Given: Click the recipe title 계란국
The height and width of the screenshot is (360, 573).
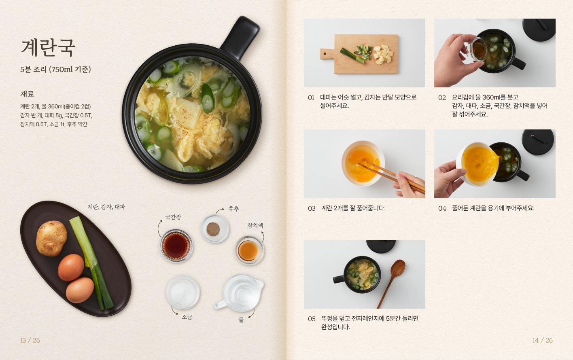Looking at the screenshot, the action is click(x=48, y=48).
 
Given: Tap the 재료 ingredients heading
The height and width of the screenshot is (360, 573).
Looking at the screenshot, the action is click(x=27, y=94).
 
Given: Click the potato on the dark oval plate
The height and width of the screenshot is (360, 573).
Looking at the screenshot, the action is click(x=51, y=238).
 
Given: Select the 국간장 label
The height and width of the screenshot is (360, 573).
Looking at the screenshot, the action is click(x=173, y=217).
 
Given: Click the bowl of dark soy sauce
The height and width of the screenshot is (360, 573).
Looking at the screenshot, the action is click(x=176, y=246).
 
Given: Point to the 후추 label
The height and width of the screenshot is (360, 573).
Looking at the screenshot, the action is click(x=233, y=209).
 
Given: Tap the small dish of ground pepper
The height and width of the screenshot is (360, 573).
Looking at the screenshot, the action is click(x=215, y=229).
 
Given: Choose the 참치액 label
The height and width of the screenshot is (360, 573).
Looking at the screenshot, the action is click(x=255, y=225).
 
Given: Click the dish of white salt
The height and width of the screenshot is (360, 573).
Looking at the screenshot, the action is click(x=183, y=292).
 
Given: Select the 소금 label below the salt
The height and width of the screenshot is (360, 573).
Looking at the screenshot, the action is click(x=187, y=317).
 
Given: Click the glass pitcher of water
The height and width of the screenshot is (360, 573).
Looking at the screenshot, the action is click(x=240, y=293).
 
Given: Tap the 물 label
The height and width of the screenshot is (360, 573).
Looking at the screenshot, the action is click(x=241, y=320).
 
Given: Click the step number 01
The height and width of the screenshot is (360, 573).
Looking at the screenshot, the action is click(x=311, y=97).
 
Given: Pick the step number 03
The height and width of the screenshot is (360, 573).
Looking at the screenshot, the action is click(x=312, y=208).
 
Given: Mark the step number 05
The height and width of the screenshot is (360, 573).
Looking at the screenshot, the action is click(x=312, y=319).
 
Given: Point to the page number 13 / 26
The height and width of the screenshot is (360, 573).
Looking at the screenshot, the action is click(x=30, y=340).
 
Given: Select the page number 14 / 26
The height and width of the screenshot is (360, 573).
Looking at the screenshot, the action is click(x=543, y=340).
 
